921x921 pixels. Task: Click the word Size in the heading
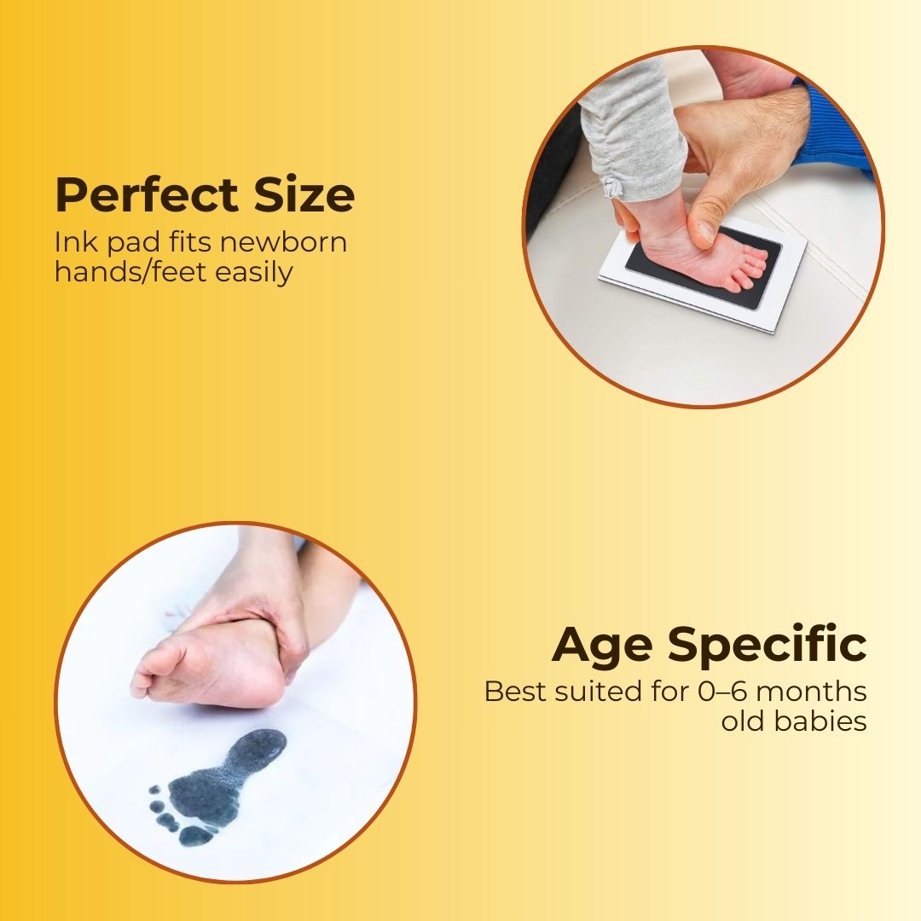(x=304, y=195)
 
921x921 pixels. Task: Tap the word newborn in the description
(x=283, y=242)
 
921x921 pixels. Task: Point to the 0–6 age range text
(x=727, y=691)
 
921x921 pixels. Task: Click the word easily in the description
(x=256, y=272)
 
